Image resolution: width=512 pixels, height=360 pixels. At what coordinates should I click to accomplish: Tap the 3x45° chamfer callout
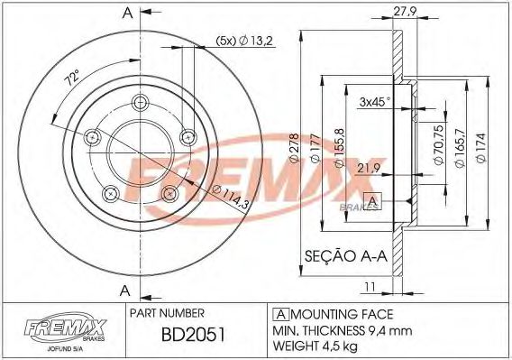point(374,101)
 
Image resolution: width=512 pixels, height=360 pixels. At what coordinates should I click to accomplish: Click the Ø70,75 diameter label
point(440,143)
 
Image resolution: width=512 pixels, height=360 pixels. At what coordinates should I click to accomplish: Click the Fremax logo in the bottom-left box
point(56,328)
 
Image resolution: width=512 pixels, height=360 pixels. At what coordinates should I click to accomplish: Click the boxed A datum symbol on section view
point(369,200)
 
